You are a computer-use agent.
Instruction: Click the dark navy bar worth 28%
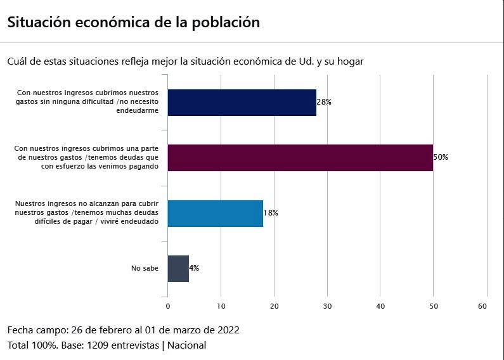[x=242, y=103]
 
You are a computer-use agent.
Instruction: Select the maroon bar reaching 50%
[x=300, y=158]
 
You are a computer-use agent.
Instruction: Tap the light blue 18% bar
[x=216, y=214]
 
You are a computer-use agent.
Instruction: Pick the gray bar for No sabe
[x=178, y=269]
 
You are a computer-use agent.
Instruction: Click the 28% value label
[x=324, y=102]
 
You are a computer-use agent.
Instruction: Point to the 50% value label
[x=441, y=157]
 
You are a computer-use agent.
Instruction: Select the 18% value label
[x=271, y=213]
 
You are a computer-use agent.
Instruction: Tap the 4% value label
[x=194, y=267]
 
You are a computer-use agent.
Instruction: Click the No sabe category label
[x=145, y=268]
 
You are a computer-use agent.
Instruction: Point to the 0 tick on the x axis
[x=168, y=306]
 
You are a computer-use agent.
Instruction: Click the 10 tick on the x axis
[x=221, y=306]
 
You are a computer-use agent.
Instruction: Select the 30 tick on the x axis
[x=327, y=306]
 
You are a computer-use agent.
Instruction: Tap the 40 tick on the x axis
[x=380, y=306]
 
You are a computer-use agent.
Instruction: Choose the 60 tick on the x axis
[x=482, y=306]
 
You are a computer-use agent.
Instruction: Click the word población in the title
[x=226, y=23]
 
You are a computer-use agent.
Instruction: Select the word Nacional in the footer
[x=186, y=345]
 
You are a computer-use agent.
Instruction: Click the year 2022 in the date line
[x=228, y=330]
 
